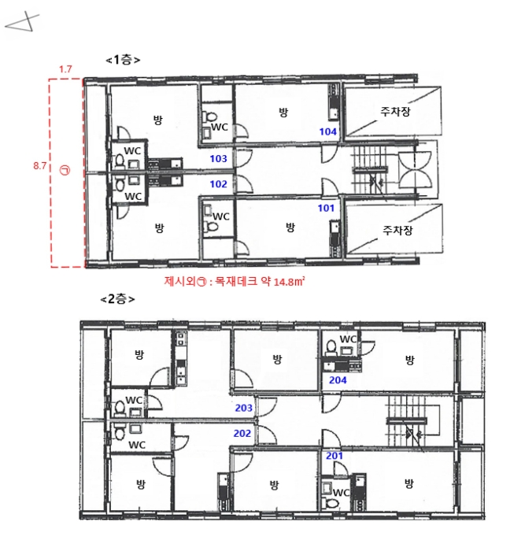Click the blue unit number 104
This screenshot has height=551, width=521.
tap(327, 131)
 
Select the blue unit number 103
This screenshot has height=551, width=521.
tap(218, 159)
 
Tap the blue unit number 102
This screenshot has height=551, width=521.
tap(218, 184)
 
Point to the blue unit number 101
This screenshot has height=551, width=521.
tap(326, 208)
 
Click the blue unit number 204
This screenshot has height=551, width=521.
tap(338, 380)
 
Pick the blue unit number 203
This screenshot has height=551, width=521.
tap(243, 408)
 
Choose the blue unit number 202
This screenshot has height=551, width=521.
tap(242, 433)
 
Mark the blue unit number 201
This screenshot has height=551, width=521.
tap(334, 456)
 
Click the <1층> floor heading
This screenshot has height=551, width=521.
tap(123, 60)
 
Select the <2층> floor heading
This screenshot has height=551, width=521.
tap(117, 299)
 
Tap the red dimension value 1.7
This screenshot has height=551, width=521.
tap(65, 69)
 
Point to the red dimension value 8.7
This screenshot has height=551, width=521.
tap(39, 166)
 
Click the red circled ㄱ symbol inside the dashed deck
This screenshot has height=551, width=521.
tap(65, 171)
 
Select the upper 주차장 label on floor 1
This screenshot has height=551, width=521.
tap(395, 112)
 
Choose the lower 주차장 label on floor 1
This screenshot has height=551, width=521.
tap(397, 231)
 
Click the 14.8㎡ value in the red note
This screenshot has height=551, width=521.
tap(289, 282)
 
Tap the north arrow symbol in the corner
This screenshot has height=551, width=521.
tap(22, 23)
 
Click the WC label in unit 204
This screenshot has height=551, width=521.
tap(348, 339)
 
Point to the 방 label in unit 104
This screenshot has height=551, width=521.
tap(283, 113)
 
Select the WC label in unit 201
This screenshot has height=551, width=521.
tap(341, 492)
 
